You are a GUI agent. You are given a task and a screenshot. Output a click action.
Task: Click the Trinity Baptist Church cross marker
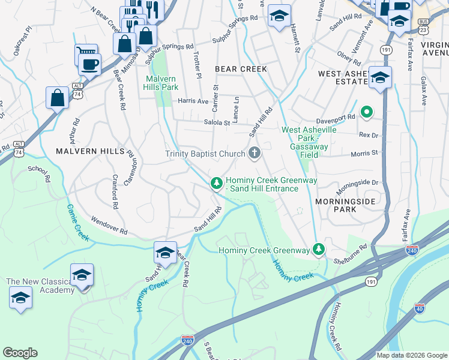pos(254,154)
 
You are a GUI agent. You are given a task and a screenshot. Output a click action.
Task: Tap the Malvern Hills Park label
pos(161,83)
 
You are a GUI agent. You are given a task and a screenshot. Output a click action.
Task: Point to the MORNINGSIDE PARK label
pos(345,205)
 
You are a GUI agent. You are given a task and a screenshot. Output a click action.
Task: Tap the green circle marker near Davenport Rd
pos(366,112)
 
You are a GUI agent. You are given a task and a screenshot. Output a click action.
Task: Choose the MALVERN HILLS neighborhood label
pos(89,152)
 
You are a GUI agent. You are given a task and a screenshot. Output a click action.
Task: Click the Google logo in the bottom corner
pos(20,353)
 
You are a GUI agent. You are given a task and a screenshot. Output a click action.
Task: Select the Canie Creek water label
pos(78,223)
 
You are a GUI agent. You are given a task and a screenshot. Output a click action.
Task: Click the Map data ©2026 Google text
pos(411,355)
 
